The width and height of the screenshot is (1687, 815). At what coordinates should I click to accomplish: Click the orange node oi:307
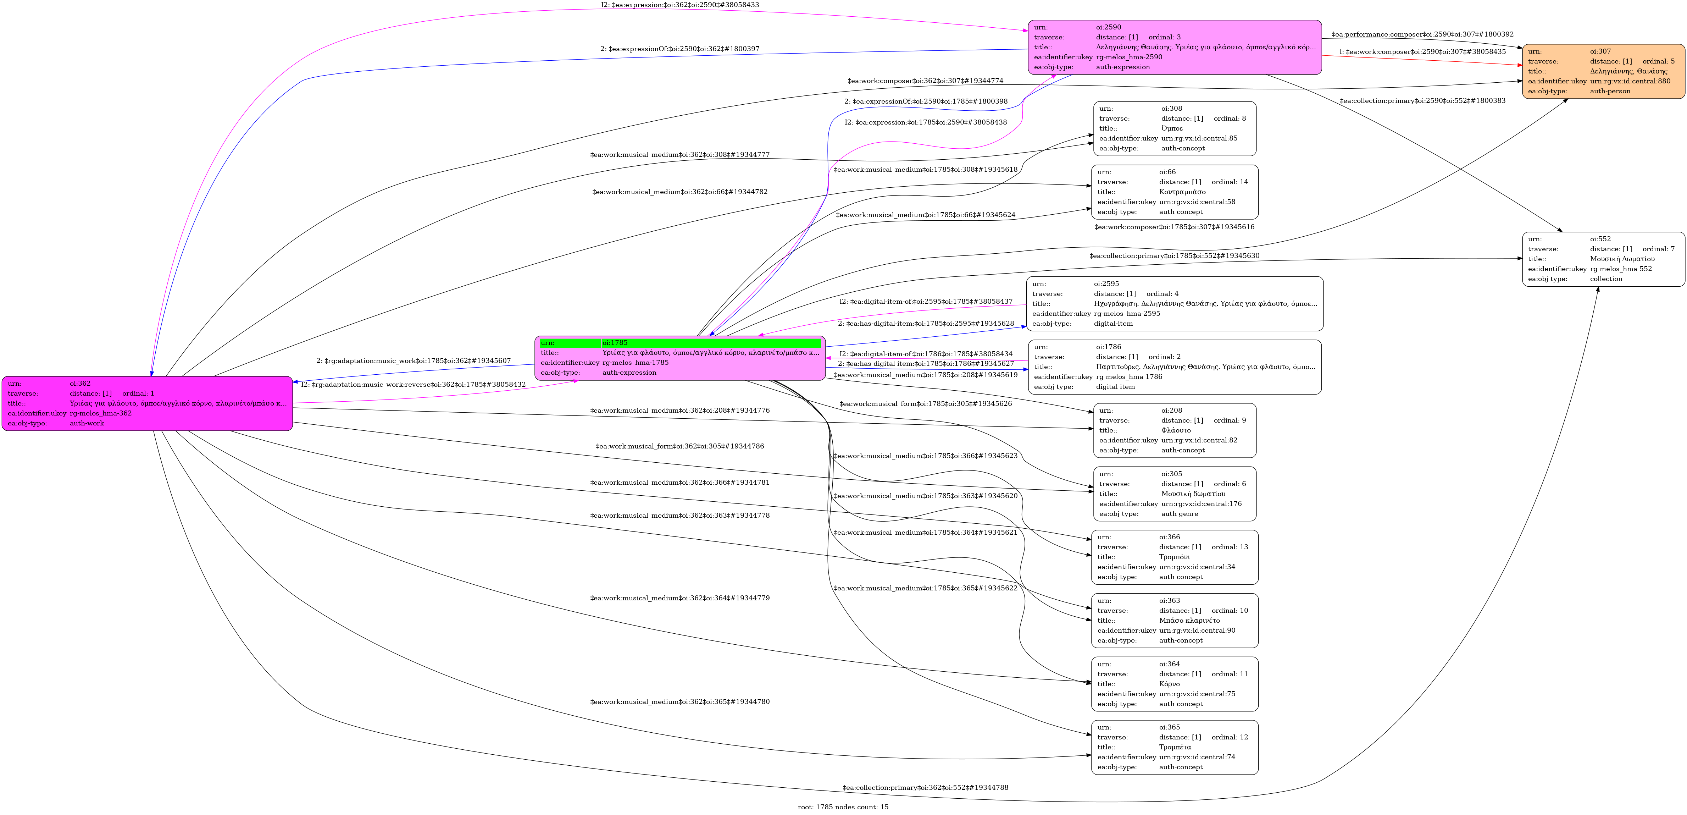tap(1603, 71)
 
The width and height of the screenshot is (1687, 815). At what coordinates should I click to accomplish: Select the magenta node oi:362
tap(147, 403)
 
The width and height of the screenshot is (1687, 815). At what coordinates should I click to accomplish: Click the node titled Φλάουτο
tap(1174, 430)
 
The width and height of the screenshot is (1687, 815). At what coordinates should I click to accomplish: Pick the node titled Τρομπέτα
tap(1174, 748)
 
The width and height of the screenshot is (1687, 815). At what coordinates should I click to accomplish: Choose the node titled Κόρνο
tap(1174, 684)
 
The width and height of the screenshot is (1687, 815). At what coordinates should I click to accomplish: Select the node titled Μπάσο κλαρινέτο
tap(1174, 621)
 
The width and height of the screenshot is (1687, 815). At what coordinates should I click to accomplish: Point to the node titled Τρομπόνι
tap(1174, 557)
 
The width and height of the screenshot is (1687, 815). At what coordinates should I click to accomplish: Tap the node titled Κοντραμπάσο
tap(1174, 192)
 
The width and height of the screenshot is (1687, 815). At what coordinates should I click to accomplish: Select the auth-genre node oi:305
tap(1174, 494)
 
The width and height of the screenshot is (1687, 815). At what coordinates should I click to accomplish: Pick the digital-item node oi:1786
tap(1174, 367)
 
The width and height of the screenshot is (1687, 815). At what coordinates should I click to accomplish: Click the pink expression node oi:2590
tap(1174, 47)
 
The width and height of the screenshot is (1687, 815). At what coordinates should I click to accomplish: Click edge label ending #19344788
tap(925, 787)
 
